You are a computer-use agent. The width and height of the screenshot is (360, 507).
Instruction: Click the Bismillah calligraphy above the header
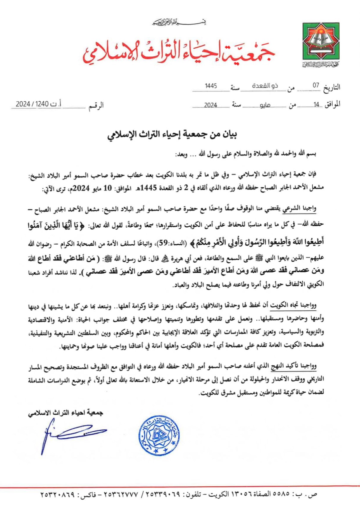179,22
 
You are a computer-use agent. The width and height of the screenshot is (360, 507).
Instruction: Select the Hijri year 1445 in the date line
211,86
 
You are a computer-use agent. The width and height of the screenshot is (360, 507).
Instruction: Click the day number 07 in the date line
316,85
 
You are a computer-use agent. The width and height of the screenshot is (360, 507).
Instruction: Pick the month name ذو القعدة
265,86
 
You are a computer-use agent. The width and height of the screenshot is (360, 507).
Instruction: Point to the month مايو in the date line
265,105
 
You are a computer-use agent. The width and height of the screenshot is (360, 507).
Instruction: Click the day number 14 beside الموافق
316,105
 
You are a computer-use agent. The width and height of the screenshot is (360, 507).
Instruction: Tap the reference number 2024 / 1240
32,104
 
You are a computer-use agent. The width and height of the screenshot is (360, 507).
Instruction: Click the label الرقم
96,106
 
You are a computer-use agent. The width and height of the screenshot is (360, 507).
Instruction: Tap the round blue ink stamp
159,436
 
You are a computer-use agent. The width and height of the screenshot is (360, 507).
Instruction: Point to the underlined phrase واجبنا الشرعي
299,209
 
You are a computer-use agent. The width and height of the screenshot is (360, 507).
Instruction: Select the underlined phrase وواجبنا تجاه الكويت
293,306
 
